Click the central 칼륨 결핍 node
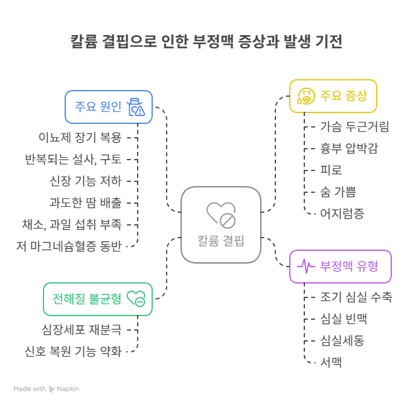pyautogui.click(x=221, y=225)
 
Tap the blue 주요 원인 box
pyautogui.click(x=109, y=107)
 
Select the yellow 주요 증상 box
pyautogui.click(x=333, y=96)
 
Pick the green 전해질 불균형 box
pyautogui.click(x=97, y=299)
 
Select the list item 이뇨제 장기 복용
pyautogui.click(x=80, y=137)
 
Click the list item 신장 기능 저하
pyautogui.click(x=85, y=181)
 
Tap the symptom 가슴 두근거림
pyautogui.click(x=354, y=126)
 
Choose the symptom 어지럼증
pyautogui.click(x=342, y=213)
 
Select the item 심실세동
pyautogui.click(x=342, y=340)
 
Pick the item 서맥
pyautogui.click(x=331, y=362)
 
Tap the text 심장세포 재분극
pyautogui.click(x=82, y=329)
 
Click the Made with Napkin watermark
pyautogui.click(x=46, y=389)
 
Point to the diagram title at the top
pyautogui.click(x=206, y=42)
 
